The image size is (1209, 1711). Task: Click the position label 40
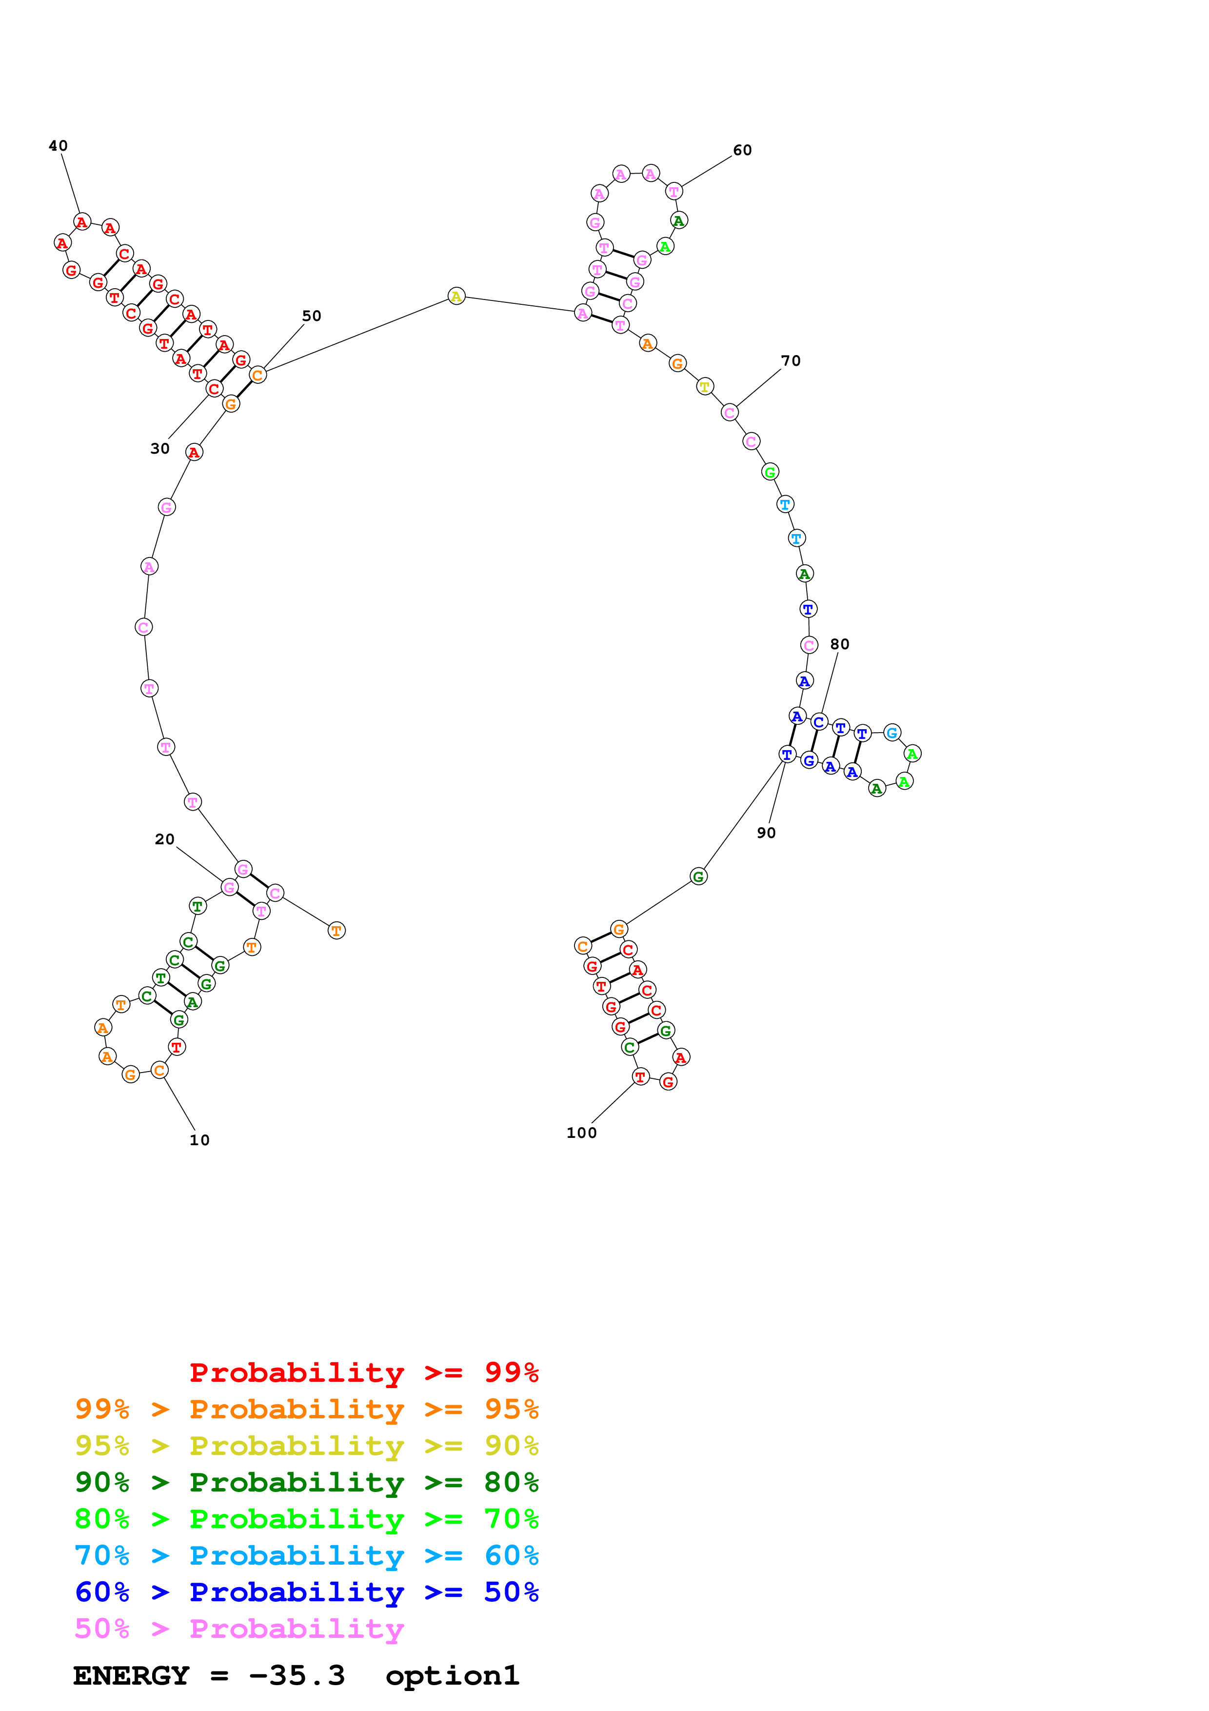click(58, 146)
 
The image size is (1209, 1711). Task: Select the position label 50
click(311, 316)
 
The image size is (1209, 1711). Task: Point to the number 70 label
click(791, 360)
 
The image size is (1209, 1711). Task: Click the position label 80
click(839, 644)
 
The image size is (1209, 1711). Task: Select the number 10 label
click(199, 1140)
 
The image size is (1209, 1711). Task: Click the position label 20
click(165, 839)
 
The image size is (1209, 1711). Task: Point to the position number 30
click(159, 449)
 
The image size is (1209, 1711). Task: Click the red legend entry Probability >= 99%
click(363, 1373)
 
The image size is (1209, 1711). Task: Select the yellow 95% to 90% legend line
click(306, 1446)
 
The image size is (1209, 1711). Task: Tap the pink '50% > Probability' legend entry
click(238, 1628)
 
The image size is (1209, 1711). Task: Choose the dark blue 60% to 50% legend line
click(306, 1592)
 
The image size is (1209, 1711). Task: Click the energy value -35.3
click(297, 1675)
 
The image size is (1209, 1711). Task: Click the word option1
click(452, 1675)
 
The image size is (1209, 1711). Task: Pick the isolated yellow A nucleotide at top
click(456, 297)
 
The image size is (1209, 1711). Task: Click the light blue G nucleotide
click(892, 733)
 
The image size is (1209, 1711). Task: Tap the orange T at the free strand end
click(337, 931)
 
